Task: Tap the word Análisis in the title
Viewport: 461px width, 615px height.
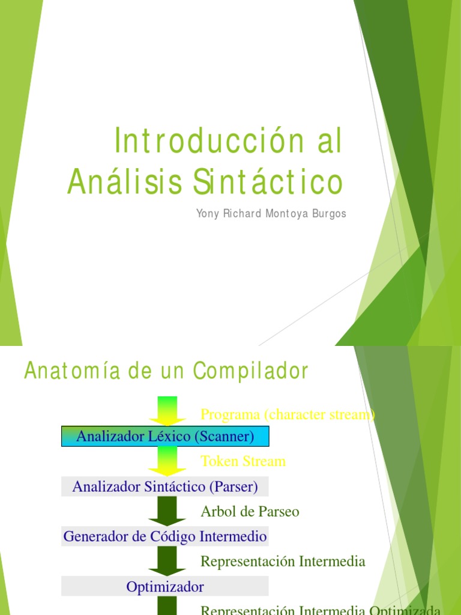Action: (124, 182)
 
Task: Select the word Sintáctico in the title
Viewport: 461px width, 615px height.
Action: (268, 182)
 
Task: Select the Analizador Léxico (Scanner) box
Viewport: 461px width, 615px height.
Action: (165, 437)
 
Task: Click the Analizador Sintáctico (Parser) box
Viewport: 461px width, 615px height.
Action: (165, 486)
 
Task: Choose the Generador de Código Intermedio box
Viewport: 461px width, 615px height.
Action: (165, 536)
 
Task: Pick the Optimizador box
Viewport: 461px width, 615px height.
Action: (165, 586)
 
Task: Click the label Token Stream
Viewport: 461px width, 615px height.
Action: (243, 461)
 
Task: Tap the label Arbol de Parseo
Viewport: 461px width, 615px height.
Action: (250, 512)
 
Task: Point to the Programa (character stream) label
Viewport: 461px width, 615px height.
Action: (288, 414)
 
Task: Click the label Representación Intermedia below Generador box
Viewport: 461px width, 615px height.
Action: (283, 562)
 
